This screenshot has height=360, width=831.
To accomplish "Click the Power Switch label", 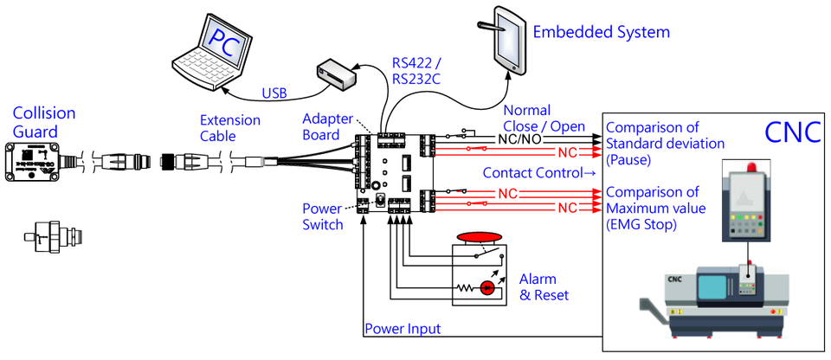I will point(322,216).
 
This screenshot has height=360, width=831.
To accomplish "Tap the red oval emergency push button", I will point(479,235).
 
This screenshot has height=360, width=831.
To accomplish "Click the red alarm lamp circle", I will point(487,287).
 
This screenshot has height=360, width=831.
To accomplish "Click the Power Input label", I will point(403,329).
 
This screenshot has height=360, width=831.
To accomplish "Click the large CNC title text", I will point(792,132).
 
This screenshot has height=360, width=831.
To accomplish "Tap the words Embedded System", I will point(601,33).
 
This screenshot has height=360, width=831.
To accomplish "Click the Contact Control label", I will point(540,173).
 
